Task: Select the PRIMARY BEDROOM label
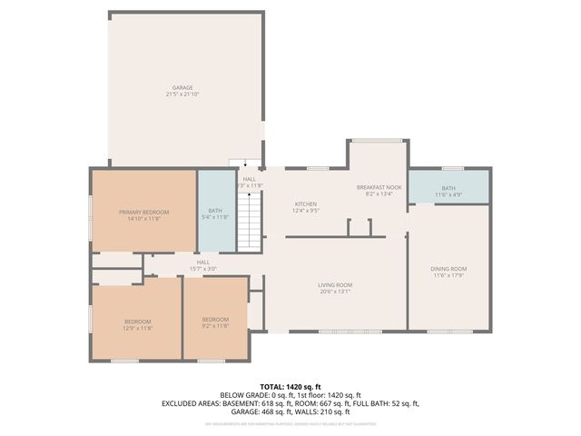pyautogui.click(x=143, y=212)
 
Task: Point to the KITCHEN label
pyautogui.click(x=305, y=203)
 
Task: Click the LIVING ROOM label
pyautogui.click(x=335, y=285)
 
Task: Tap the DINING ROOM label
pyautogui.click(x=448, y=269)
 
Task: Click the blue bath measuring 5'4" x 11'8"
pyautogui.click(x=215, y=214)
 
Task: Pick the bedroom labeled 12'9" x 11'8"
pyautogui.click(x=138, y=323)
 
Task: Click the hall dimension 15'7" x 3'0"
pyautogui.click(x=203, y=269)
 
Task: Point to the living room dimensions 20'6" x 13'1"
pyautogui.click(x=335, y=292)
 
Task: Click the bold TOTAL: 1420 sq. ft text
pyautogui.click(x=290, y=387)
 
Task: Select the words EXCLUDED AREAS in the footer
pyautogui.click(x=190, y=402)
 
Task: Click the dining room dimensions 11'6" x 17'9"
pyautogui.click(x=448, y=275)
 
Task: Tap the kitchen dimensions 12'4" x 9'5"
pyautogui.click(x=305, y=211)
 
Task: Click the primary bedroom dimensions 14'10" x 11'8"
pyautogui.click(x=143, y=219)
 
